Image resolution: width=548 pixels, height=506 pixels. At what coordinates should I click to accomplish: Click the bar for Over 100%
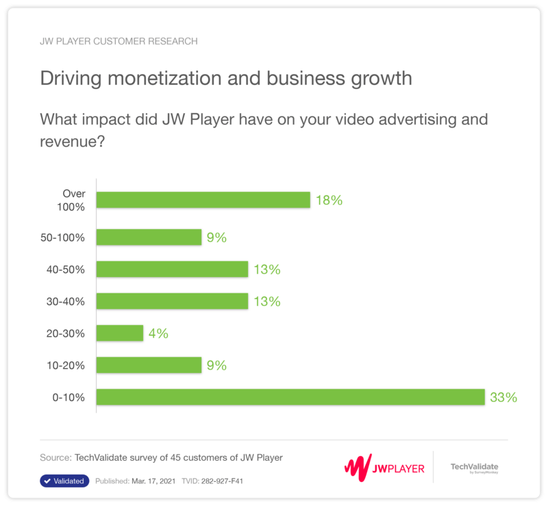[203, 200]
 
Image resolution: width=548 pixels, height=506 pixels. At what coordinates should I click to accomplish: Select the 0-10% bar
[290, 397]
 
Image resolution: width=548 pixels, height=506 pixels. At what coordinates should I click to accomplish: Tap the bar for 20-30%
[120, 333]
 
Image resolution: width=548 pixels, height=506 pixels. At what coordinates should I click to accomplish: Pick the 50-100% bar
[149, 237]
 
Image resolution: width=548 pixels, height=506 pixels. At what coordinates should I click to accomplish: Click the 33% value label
[503, 397]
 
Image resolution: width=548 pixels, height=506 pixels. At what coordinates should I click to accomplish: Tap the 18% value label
[329, 200]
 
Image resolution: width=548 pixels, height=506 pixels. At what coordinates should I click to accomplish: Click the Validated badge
[64, 481]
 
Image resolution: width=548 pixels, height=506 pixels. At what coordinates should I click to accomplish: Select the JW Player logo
[384, 468]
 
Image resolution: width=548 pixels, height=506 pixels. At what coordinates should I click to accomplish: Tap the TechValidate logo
[474, 468]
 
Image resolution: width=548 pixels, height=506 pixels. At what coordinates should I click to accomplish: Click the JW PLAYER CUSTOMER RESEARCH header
[119, 41]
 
